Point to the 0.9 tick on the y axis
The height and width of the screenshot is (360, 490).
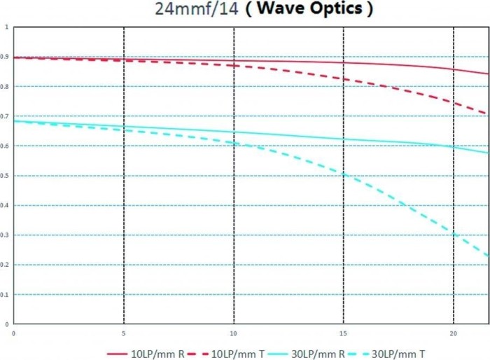tap(6, 57)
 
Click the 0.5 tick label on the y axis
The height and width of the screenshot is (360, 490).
tap(6, 176)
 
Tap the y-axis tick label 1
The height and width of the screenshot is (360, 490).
tap(7, 27)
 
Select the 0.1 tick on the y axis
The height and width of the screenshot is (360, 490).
tap(6, 295)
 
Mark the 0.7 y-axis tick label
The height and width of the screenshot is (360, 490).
tap(6, 116)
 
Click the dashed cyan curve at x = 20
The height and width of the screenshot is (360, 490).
tap(454, 233)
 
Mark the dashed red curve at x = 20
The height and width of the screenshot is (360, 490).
tap(454, 102)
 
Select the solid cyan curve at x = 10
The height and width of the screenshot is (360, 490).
tap(234, 132)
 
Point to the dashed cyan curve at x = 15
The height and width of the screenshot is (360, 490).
tap(343, 173)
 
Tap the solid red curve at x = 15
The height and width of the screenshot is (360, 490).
tap(343, 62)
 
